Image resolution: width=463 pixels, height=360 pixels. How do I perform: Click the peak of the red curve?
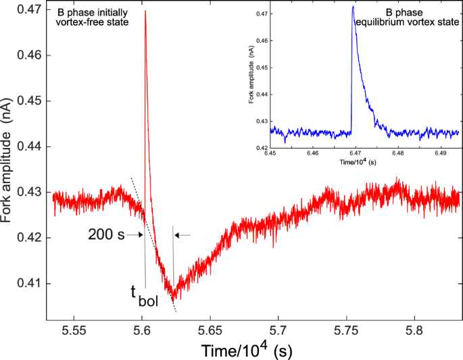pos(145,11)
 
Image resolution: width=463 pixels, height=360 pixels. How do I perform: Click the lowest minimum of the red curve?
pos(174,299)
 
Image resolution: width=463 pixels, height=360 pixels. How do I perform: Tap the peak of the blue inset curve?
pos(353,7)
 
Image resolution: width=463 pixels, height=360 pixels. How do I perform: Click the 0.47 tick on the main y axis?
pos(47,10)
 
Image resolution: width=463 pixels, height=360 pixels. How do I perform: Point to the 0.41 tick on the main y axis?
pos(47,283)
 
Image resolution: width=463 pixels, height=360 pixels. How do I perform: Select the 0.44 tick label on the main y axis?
pos(28,147)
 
